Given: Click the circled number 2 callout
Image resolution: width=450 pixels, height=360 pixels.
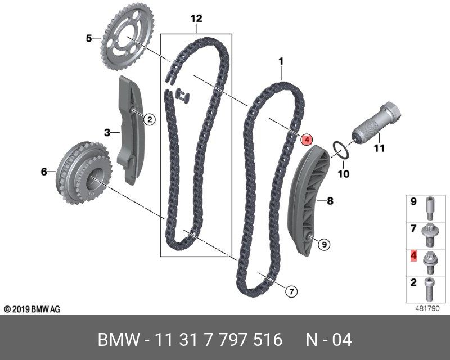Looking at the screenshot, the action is (x=149, y=119).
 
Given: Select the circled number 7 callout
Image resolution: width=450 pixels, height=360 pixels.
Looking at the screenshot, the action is (x=290, y=291).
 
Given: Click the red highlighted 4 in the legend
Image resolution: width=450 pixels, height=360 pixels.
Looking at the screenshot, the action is (x=413, y=256).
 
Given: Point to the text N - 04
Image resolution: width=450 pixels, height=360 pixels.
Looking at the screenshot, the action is (x=329, y=340).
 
